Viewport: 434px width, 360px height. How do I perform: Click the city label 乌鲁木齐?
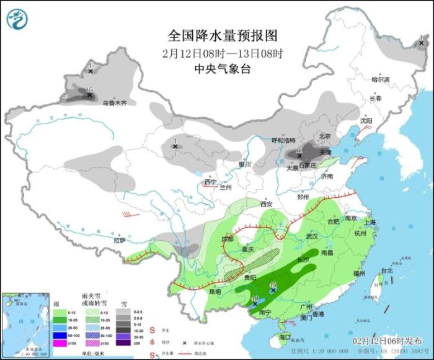(114, 103)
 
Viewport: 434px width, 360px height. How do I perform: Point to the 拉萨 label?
(120, 240)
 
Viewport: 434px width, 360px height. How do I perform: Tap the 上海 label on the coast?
(371, 222)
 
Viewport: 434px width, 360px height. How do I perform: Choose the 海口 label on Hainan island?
(285, 337)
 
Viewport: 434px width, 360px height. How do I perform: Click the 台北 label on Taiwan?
(387, 271)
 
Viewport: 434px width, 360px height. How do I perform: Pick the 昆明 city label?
(215, 291)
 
